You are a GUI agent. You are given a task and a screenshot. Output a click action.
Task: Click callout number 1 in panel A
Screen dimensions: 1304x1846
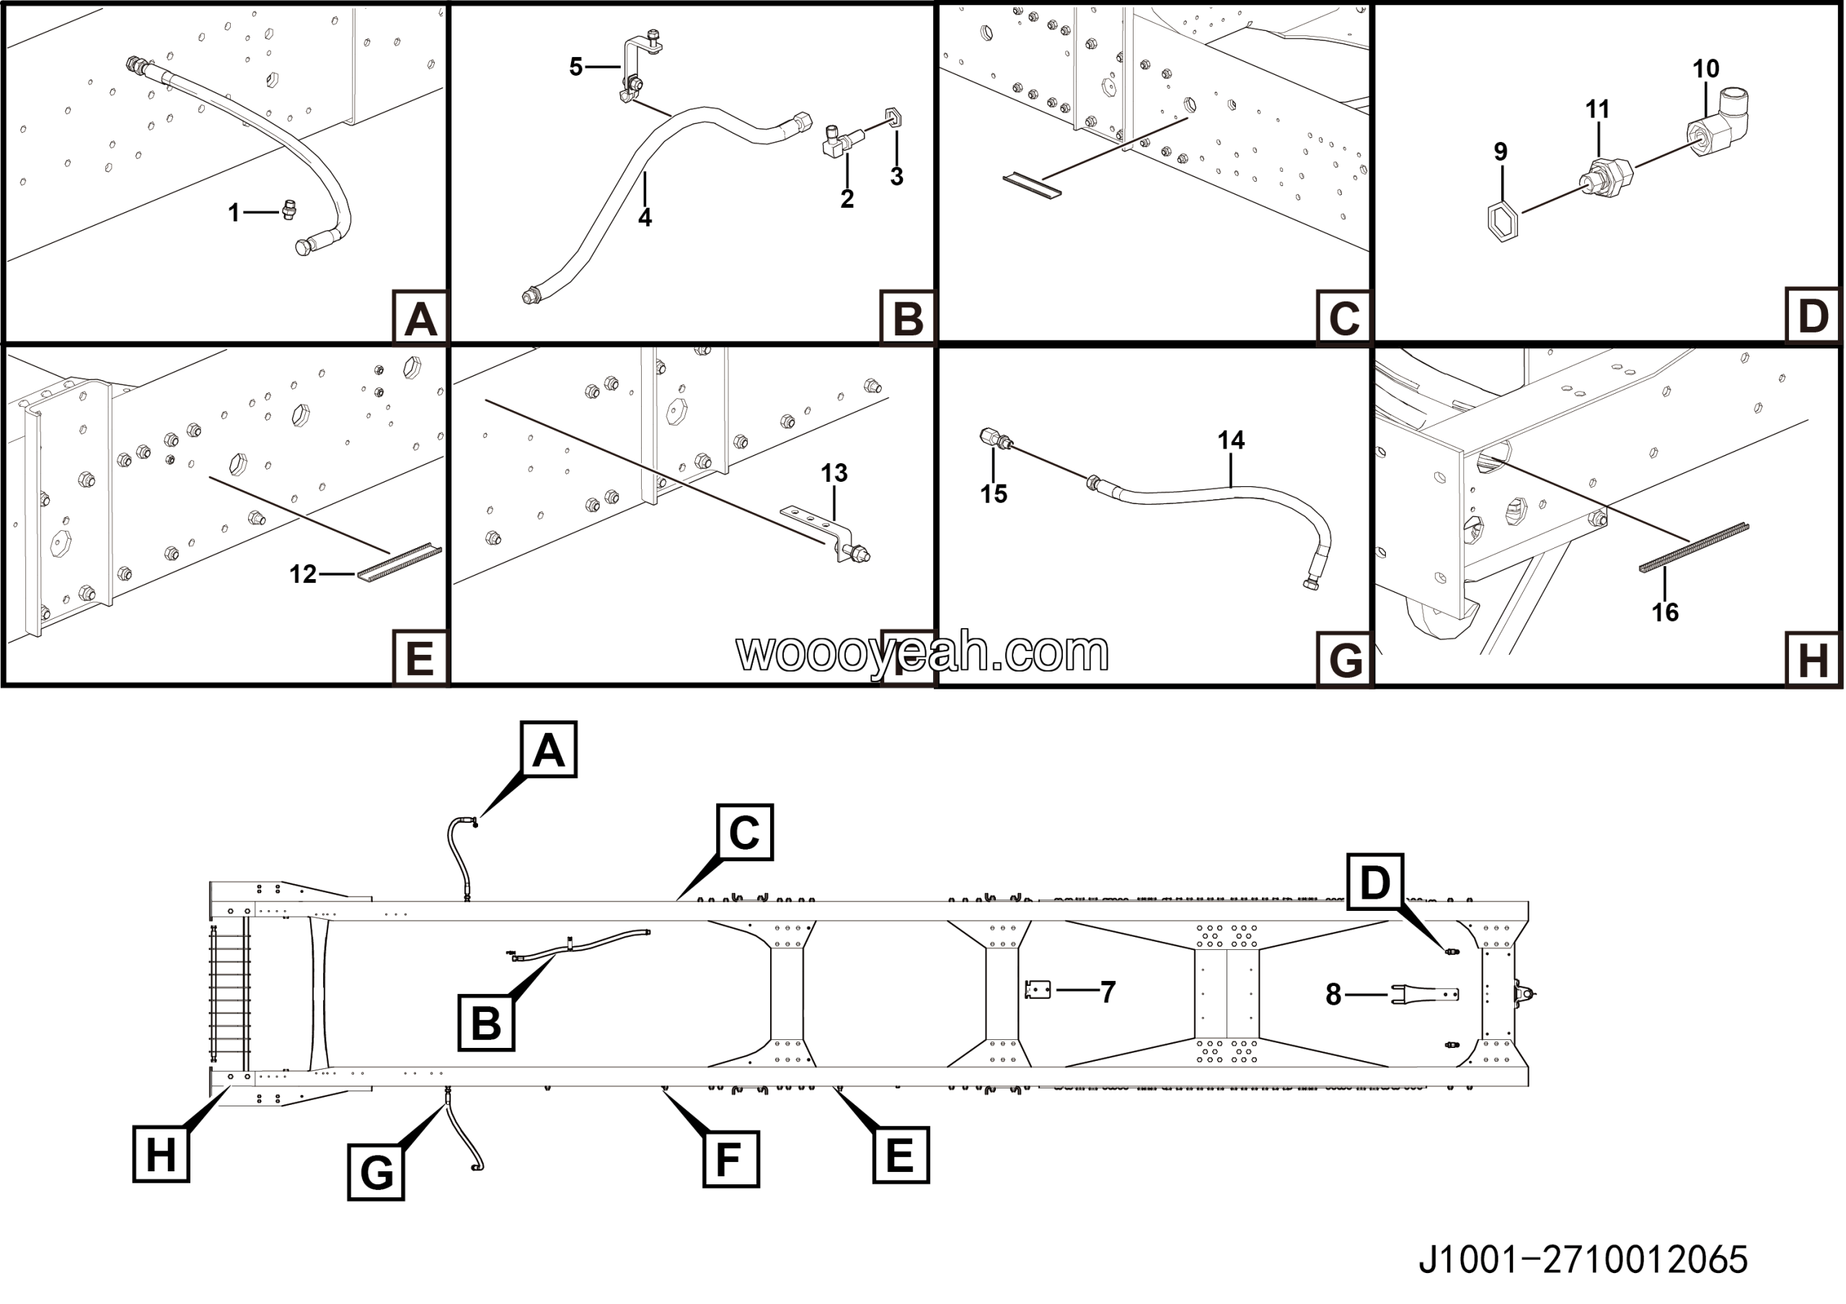233,213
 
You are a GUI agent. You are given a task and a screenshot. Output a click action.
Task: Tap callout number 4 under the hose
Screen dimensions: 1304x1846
645,218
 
